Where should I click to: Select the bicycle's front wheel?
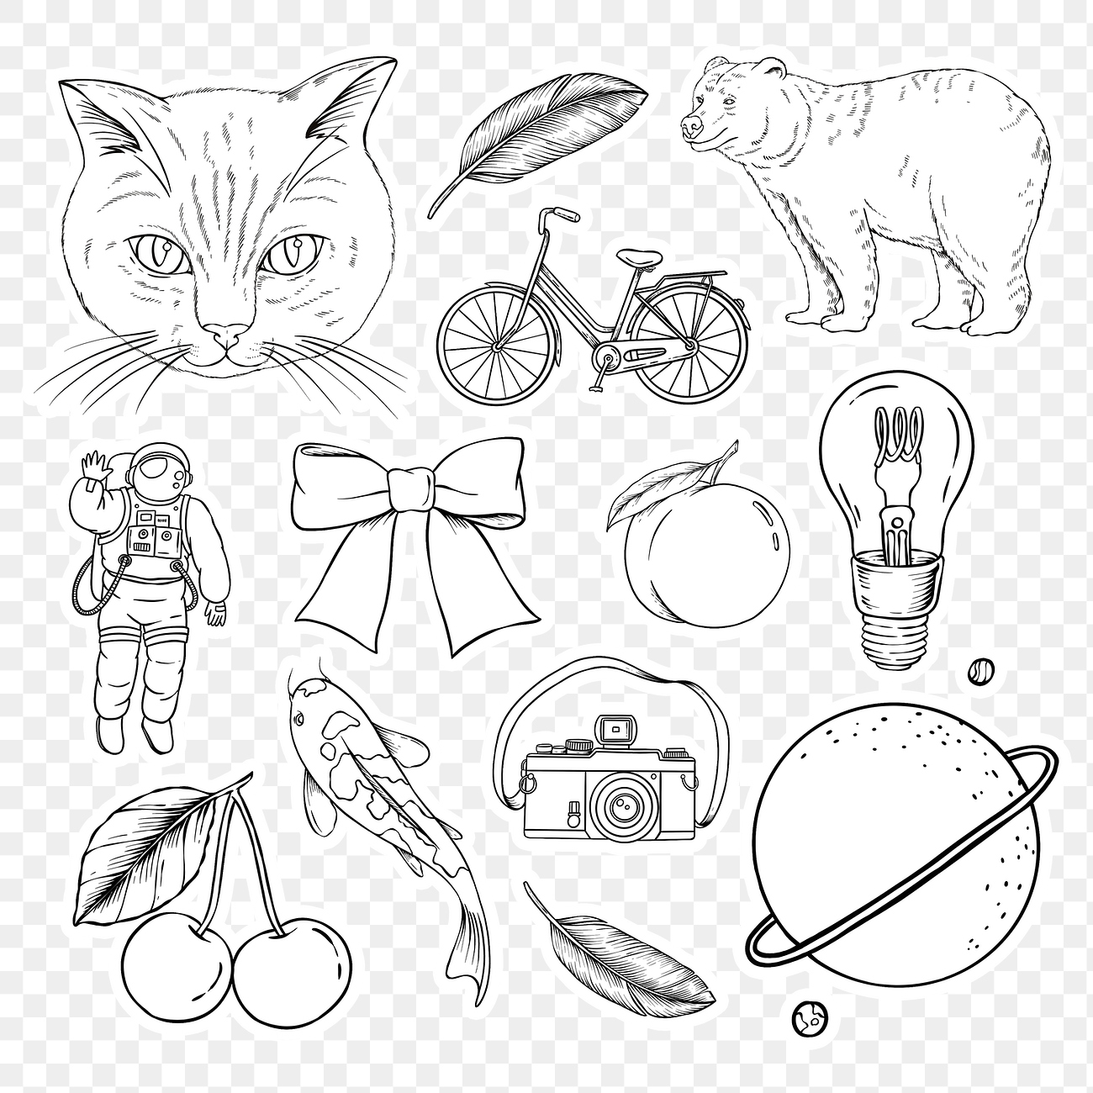[x=495, y=344]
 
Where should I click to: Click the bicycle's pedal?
[x=599, y=389]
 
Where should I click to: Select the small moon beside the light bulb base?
[x=979, y=670]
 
